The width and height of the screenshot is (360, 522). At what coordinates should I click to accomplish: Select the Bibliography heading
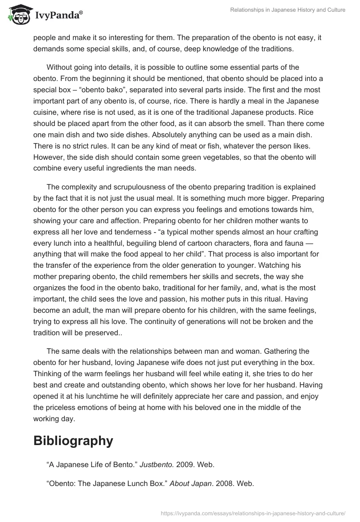click(72, 441)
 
